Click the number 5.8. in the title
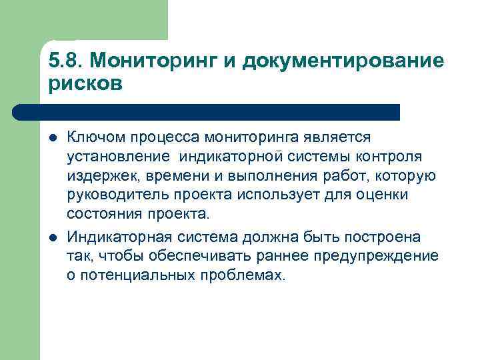click(x=65, y=61)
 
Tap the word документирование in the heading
click(x=343, y=61)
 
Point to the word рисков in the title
click(x=86, y=85)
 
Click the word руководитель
click(x=113, y=195)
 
